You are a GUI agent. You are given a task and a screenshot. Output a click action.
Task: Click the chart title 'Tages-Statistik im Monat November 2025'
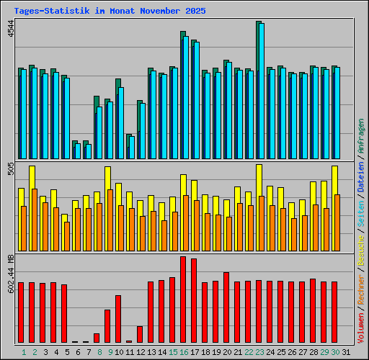tap(110, 12)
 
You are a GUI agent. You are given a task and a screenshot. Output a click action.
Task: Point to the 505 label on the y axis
tap(11, 170)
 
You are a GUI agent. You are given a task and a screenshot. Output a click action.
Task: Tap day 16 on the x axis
tap(184, 351)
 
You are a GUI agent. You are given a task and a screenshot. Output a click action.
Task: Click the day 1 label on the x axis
tap(24, 351)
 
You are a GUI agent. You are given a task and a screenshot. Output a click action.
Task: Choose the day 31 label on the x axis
tap(346, 351)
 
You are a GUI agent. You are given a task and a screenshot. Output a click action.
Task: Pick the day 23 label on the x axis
tap(259, 351)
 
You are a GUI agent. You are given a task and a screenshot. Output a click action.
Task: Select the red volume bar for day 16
tap(183, 299)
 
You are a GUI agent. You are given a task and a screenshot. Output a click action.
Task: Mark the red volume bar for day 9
tap(107, 325)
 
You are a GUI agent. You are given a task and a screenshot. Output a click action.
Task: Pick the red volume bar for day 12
tap(140, 334)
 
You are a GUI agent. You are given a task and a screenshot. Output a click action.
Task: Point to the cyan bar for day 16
tap(186, 97)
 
